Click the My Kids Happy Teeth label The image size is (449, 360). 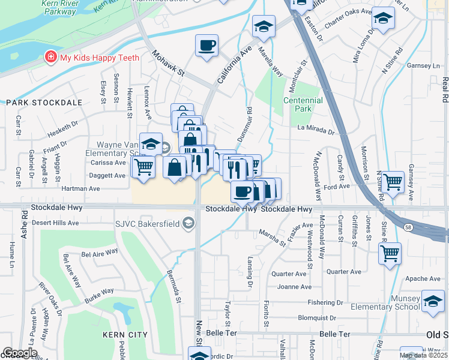(x=99, y=58)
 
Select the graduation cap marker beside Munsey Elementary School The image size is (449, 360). (x=433, y=301)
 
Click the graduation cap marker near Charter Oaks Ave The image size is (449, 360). (x=383, y=19)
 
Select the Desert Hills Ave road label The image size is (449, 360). (x=55, y=223)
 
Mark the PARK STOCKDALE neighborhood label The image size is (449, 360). (x=43, y=103)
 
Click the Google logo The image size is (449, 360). (x=19, y=352)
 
